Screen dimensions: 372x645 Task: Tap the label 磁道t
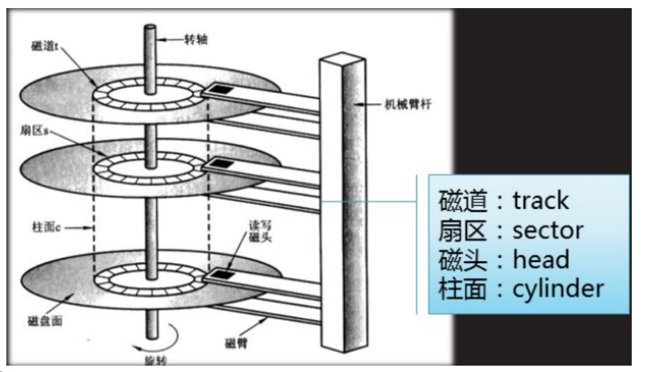coord(44,46)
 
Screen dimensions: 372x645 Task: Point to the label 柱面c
coord(47,228)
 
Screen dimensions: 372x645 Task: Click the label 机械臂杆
coord(408,105)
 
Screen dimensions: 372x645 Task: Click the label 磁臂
coord(234,344)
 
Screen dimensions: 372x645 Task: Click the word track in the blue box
coord(541,201)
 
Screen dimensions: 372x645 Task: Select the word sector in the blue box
coord(548,230)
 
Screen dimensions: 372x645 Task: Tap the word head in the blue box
coord(541,259)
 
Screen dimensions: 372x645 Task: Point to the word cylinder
coord(558,288)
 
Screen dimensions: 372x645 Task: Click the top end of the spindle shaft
coord(150,28)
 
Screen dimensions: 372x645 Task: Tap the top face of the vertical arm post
coord(343,57)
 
